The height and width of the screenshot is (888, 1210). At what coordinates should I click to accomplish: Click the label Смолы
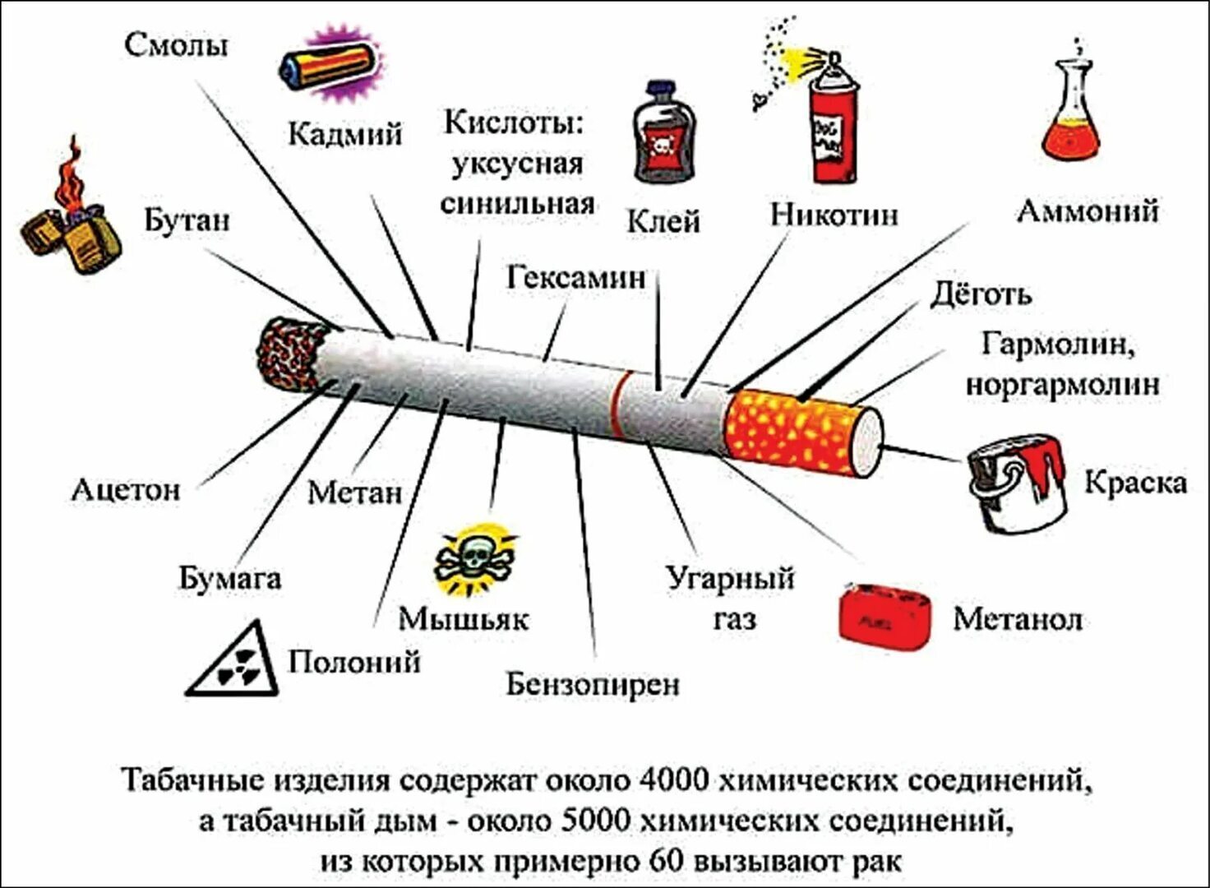point(176,44)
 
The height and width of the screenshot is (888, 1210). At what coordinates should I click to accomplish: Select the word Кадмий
point(344,133)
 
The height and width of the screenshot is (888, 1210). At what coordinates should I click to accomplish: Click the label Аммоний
point(1088,211)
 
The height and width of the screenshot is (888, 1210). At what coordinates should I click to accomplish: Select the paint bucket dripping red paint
point(1017,483)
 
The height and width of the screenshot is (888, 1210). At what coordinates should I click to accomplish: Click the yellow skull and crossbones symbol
point(474,559)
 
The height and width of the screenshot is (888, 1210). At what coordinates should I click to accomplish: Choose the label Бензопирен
point(592,683)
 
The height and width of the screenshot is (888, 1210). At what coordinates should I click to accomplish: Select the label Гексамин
point(575,278)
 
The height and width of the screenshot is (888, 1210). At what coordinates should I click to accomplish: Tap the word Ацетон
point(126,490)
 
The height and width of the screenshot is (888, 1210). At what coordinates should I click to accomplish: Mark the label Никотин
point(834,215)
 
